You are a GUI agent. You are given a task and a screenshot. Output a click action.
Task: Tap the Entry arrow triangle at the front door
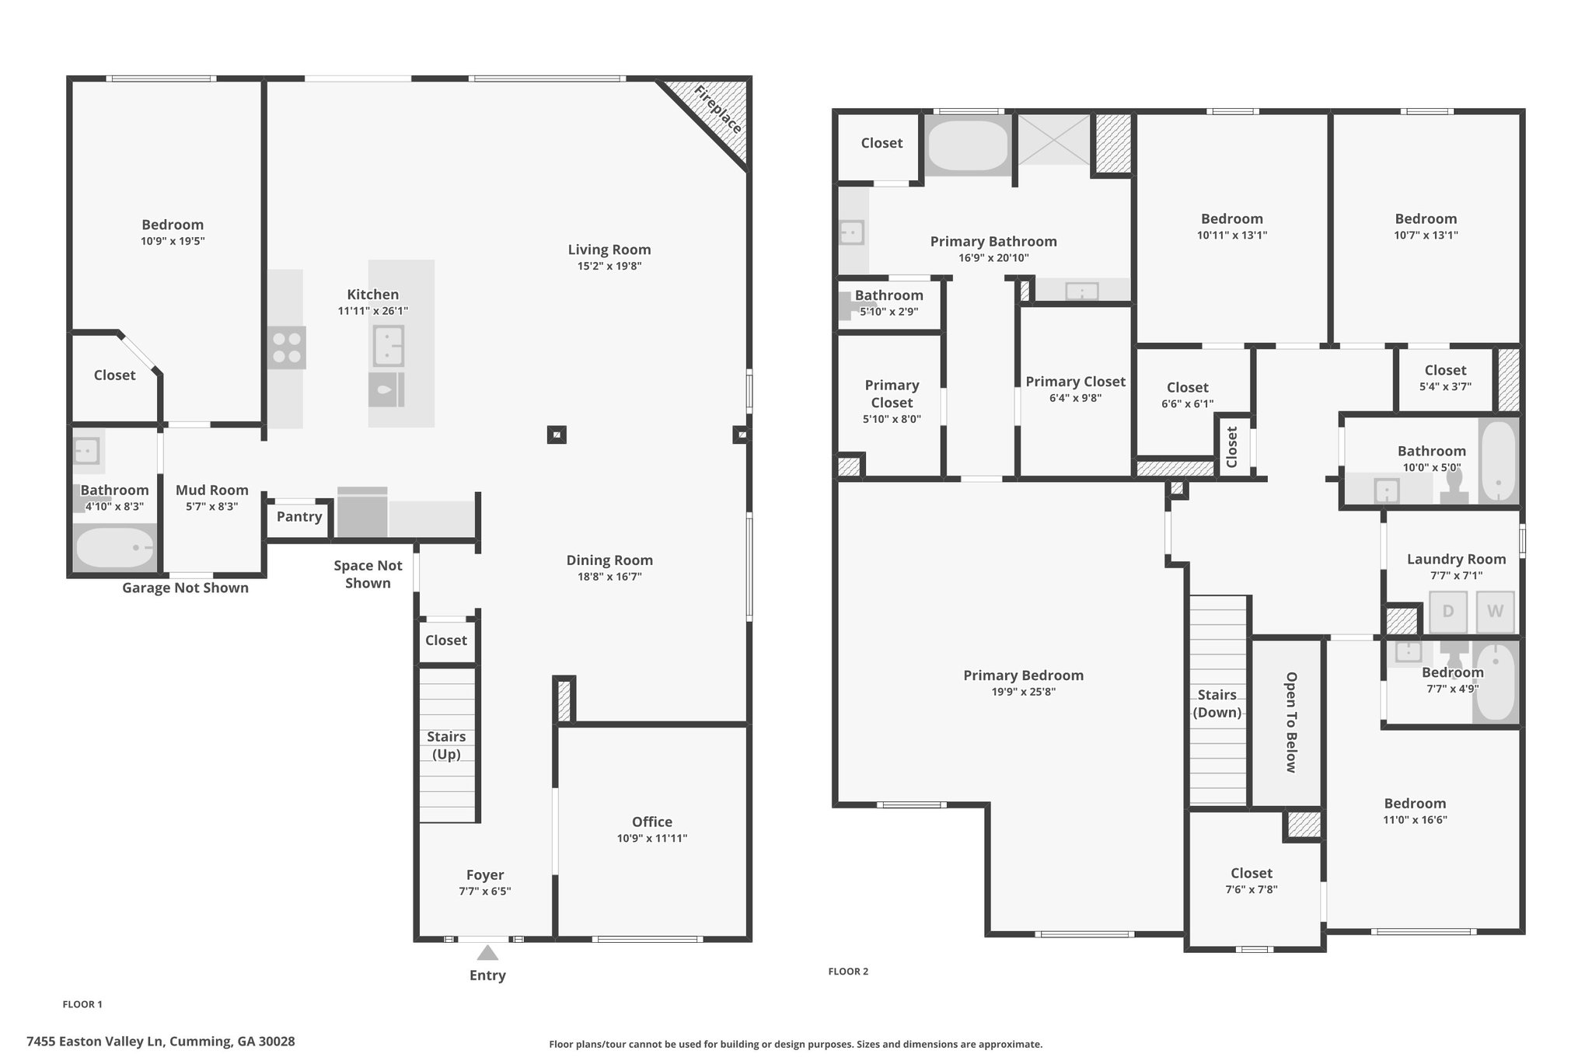487,953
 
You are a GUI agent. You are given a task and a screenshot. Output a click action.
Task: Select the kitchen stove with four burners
287,347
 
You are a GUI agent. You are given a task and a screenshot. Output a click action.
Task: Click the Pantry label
299,517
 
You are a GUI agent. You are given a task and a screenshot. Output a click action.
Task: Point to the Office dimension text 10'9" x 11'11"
652,839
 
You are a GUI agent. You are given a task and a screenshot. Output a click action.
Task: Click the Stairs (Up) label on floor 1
446,745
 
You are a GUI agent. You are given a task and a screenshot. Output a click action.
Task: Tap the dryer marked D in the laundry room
1448,611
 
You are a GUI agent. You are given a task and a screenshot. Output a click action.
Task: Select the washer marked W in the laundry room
1495,611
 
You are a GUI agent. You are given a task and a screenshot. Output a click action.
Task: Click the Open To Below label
1291,722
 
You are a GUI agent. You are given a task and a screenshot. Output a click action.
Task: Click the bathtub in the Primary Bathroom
968,145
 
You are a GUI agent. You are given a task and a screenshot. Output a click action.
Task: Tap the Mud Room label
212,490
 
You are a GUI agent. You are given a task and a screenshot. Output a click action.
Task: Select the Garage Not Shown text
185,588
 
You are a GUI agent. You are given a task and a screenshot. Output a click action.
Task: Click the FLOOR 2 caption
848,972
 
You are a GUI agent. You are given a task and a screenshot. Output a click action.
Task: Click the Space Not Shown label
368,574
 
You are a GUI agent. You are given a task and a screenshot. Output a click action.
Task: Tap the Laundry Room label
1456,560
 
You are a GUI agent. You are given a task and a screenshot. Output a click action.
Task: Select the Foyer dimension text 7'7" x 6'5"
485,892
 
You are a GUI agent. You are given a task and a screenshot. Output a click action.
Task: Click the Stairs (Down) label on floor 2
1217,703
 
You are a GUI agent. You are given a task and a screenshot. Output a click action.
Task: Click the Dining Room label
609,560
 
